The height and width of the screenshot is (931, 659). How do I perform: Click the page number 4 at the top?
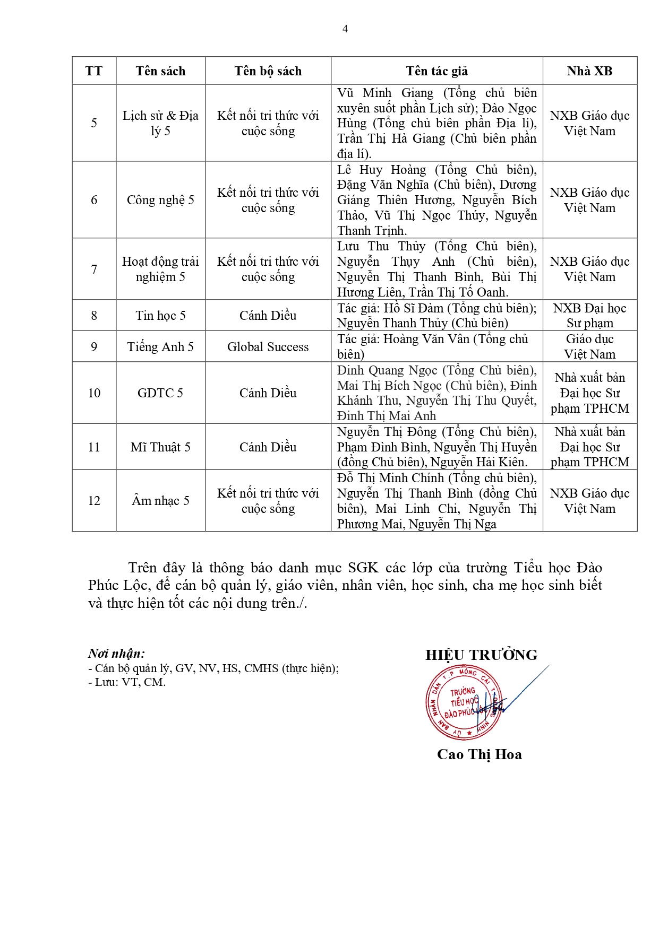click(x=345, y=29)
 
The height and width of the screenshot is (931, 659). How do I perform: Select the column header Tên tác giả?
click(x=437, y=71)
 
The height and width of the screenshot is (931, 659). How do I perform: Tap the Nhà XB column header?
click(x=589, y=71)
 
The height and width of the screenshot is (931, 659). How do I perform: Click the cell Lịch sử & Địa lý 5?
click(x=160, y=123)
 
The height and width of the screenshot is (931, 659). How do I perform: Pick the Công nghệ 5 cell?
click(x=160, y=200)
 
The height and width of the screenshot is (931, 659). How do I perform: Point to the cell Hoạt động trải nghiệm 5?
click(x=160, y=269)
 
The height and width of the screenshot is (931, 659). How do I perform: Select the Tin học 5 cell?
click(x=160, y=316)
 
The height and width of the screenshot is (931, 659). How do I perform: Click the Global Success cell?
click(x=268, y=347)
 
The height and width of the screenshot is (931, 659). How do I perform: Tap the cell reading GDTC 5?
click(x=160, y=393)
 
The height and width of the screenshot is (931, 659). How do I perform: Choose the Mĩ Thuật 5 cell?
click(x=160, y=447)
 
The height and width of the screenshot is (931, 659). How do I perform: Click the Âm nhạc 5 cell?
click(x=160, y=501)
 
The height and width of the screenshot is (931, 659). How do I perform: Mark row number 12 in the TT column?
click(x=94, y=501)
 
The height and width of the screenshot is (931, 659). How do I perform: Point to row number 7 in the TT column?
click(x=94, y=269)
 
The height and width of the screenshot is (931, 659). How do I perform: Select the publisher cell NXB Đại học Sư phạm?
click(x=589, y=316)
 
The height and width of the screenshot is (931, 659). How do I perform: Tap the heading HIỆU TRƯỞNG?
click(x=481, y=655)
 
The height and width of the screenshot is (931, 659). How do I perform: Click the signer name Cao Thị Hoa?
click(x=479, y=754)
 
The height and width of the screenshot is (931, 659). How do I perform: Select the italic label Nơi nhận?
click(x=116, y=654)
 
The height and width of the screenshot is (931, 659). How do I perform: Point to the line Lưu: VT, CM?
click(x=127, y=682)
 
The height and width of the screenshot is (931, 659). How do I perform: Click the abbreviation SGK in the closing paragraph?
click(x=363, y=568)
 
